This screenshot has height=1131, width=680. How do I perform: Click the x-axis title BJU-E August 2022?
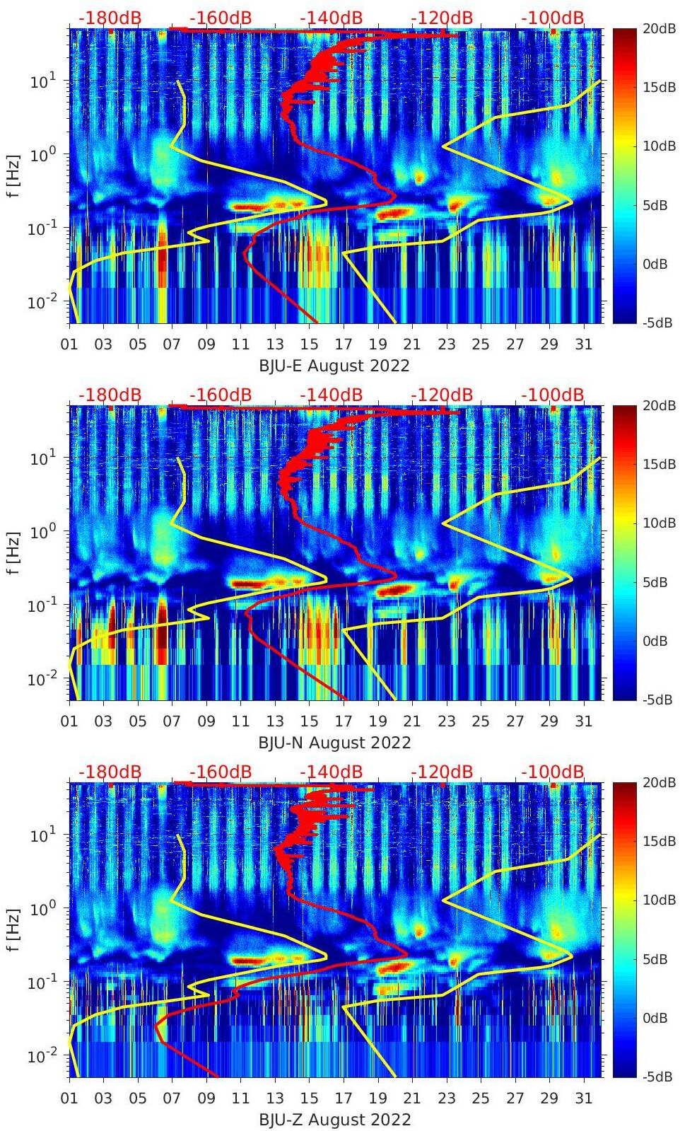click(334, 365)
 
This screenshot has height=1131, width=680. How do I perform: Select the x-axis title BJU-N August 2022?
click(334, 743)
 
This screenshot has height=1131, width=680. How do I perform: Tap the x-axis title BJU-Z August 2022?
click(334, 1120)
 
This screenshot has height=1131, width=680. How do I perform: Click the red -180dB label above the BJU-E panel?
click(110, 18)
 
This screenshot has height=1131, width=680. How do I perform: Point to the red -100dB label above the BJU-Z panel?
click(553, 772)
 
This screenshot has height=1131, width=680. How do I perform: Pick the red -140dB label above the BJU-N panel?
click(332, 395)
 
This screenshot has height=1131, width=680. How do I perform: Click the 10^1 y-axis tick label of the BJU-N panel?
click(39, 458)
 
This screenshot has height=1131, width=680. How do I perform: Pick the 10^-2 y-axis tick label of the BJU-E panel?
click(39, 302)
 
